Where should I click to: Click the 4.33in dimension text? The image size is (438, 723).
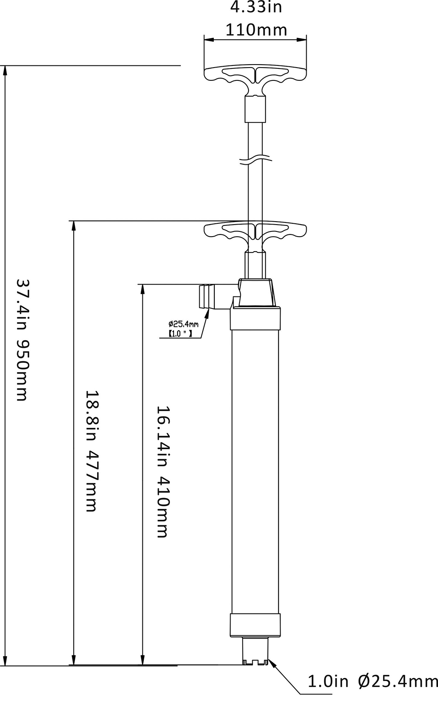pos(256,7)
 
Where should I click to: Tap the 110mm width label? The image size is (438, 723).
pos(256,30)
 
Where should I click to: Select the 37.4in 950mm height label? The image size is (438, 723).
pos(23,340)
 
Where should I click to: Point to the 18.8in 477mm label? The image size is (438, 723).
pos(92,451)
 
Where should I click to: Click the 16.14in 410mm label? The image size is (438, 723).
pos(163,471)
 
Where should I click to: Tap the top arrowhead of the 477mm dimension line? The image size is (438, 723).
pos(74,226)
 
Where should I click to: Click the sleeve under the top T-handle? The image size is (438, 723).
pos(255,109)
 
